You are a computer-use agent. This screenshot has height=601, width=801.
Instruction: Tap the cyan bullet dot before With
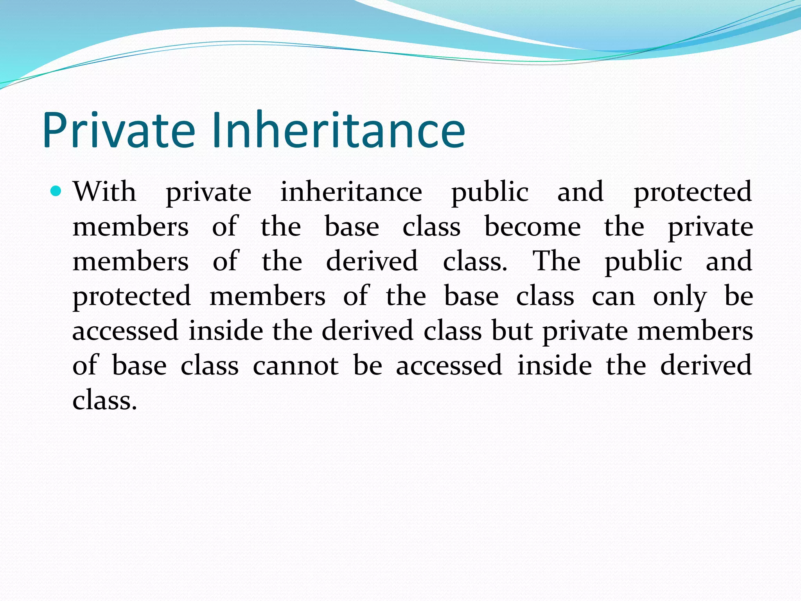coord(56,191)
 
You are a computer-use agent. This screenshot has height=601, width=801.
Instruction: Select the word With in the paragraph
coord(104,192)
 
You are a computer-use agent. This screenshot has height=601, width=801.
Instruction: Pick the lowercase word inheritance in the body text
coord(351,192)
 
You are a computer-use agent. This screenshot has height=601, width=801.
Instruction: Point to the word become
coord(532,227)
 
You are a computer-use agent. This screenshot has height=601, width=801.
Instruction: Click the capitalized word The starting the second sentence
coord(557,261)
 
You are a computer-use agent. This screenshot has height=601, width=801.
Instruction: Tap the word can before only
coord(613,296)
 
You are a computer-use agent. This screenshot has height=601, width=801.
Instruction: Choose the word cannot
coord(296,365)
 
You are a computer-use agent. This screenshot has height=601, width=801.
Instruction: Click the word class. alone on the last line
coord(105,400)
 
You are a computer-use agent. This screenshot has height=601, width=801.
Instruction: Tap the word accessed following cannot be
coord(449,365)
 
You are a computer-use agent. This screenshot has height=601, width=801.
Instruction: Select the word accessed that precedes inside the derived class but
coord(126,331)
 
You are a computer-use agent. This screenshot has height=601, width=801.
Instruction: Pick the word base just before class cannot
coord(139,365)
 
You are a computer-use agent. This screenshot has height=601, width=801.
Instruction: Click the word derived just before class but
coord(368,331)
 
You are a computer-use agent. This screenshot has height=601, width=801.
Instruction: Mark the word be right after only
coord(738,296)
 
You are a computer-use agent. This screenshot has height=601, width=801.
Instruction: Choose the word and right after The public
coord(729,261)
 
